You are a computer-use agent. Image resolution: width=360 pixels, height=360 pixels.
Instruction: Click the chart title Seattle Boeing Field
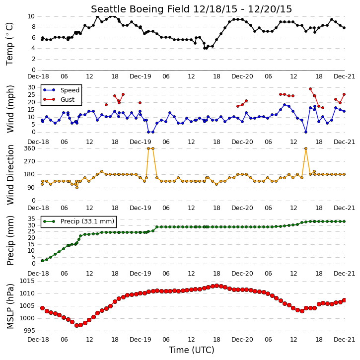pos(140,9)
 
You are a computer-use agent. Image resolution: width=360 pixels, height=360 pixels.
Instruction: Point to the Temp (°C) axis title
pos(9,44)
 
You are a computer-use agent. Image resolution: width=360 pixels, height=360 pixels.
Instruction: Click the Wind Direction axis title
pos(10,175)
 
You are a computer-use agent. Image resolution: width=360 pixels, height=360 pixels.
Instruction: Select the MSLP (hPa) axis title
pos(10,306)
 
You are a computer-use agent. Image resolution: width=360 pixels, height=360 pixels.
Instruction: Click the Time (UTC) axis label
pos(192,350)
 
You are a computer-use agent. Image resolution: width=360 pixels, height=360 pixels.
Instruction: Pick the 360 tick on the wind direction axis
pos(30,148)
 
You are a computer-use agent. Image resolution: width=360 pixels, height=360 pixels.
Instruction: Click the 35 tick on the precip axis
pos(31,219)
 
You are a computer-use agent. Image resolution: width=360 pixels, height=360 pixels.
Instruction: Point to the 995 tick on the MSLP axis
pos(30,331)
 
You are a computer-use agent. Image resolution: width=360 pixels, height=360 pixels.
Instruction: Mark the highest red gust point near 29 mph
pos(310,89)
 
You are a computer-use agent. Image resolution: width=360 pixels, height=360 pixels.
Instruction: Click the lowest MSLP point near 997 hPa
pos(76,325)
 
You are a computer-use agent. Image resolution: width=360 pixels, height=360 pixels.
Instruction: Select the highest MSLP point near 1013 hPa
pos(216,286)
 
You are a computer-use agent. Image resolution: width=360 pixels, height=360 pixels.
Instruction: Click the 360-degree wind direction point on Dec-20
pos(306,148)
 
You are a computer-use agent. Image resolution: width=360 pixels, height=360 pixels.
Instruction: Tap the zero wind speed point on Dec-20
pos(306,132)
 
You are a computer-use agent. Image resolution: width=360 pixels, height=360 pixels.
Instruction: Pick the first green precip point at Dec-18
pos(43,261)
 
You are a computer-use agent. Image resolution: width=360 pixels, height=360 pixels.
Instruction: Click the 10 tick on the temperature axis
pos(31,16)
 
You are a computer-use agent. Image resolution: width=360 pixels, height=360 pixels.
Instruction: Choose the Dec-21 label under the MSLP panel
pos(344,340)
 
